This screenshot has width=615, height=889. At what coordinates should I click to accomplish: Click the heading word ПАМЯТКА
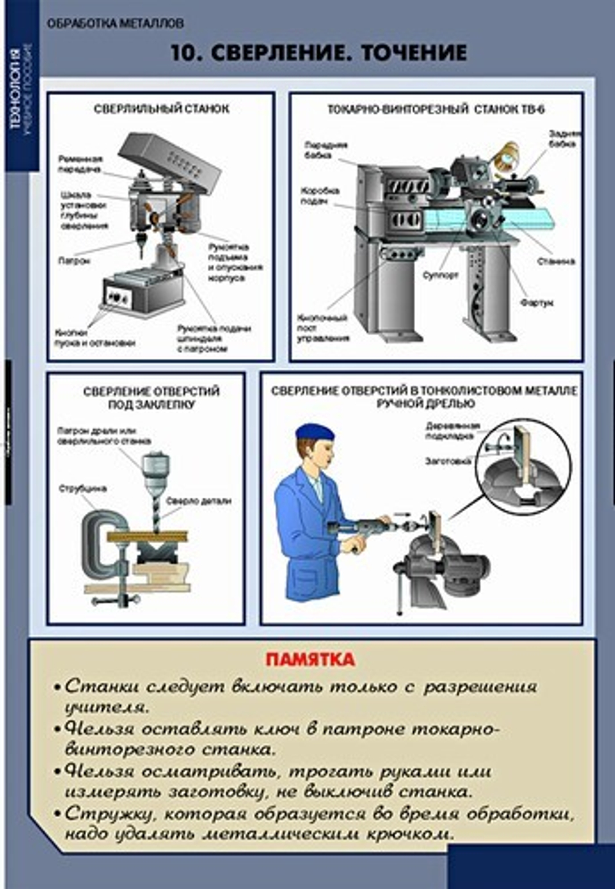pos(310,660)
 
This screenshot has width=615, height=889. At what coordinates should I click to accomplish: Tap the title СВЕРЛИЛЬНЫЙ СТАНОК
pos(161,109)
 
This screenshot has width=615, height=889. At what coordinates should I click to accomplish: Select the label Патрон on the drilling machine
pos(74,261)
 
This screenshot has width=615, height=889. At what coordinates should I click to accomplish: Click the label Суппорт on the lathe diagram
pos(440,275)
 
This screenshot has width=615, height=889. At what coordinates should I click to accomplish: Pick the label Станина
pos(555,261)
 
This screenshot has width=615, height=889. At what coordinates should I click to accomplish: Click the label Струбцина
pos(82,488)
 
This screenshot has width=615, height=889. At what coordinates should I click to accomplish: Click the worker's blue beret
pos(314,432)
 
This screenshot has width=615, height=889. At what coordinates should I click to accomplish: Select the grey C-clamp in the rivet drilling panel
pos(98,541)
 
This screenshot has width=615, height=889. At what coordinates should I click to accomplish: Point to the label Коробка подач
pos(320,196)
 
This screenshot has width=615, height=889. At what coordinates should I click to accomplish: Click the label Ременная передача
pos(80,164)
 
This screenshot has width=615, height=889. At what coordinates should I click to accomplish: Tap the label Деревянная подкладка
pos(452,430)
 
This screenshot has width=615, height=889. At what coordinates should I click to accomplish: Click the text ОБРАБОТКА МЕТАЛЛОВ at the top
pos(115,23)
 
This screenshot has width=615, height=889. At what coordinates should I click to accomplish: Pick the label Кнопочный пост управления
pos(323,328)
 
